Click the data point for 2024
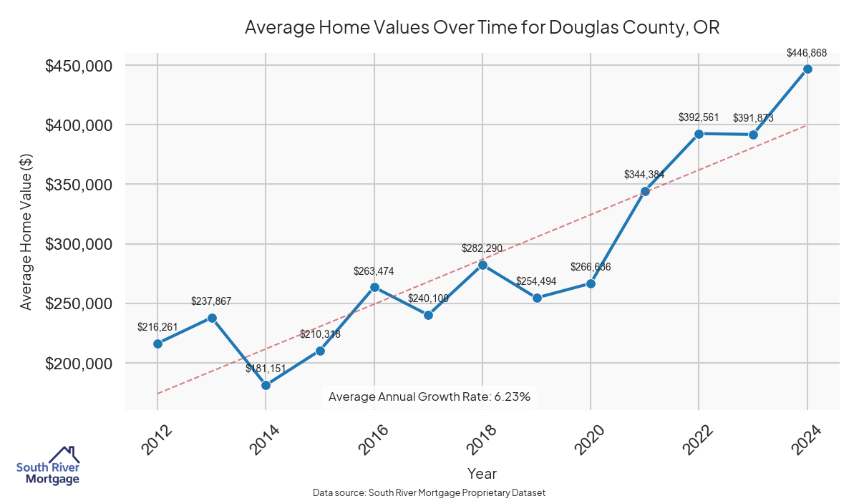point(807,69)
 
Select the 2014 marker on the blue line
point(266,385)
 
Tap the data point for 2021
point(645,191)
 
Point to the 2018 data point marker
point(482,265)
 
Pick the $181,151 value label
point(266,369)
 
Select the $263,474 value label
point(374,271)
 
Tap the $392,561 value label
point(699,117)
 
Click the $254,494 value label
point(536,281)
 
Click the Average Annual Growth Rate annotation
point(429,397)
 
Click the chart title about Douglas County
point(482,28)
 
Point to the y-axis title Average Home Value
point(26,244)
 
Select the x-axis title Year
point(482,474)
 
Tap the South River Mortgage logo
point(49,466)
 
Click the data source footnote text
point(429,493)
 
